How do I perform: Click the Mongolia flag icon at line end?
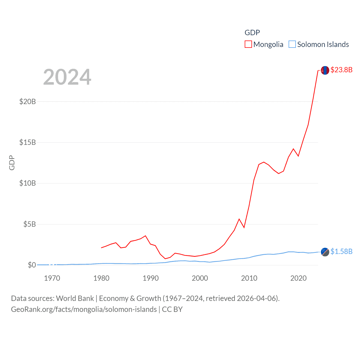pyautogui.click(x=325, y=70)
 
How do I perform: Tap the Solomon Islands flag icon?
pyautogui.click(x=325, y=252)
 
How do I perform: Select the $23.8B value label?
pyautogui.click(x=341, y=70)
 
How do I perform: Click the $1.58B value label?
pyautogui.click(x=341, y=251)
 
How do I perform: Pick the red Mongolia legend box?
pyautogui.click(x=248, y=44)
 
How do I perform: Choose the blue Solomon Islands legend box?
pyautogui.click(x=292, y=44)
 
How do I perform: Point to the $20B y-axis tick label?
pyautogui.click(x=28, y=102)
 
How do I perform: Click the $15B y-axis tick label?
pyautogui.click(x=28, y=142)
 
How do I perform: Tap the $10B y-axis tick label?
pyautogui.click(x=28, y=183)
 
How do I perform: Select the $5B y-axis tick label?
pyautogui.click(x=30, y=224)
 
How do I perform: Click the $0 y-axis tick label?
pyautogui.click(x=32, y=265)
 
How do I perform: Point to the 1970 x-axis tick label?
pyautogui.click(x=52, y=278)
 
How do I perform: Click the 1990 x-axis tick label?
pyautogui.click(x=151, y=278)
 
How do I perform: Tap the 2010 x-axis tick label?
pyautogui.click(x=249, y=278)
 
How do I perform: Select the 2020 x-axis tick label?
pyautogui.click(x=298, y=278)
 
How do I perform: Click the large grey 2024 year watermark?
pyautogui.click(x=67, y=77)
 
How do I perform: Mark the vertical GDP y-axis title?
pyautogui.click(x=12, y=163)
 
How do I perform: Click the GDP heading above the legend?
pyautogui.click(x=252, y=33)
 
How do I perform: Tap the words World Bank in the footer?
pyautogui.click(x=75, y=298)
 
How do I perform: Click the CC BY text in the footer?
pyautogui.click(x=172, y=309)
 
